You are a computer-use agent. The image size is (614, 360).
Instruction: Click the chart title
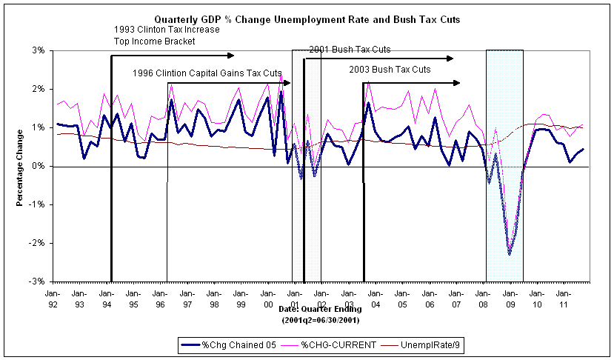(x=307, y=19)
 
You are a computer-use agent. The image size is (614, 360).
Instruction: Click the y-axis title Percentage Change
(x=19, y=167)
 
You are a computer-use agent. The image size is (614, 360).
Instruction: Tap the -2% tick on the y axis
(x=37, y=243)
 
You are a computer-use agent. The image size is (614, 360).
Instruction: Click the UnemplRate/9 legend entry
(x=424, y=344)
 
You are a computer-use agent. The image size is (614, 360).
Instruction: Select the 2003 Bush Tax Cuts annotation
(x=390, y=69)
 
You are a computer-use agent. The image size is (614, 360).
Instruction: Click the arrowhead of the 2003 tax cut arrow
(x=457, y=83)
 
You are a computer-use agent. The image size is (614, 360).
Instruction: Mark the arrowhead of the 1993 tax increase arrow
(x=231, y=55)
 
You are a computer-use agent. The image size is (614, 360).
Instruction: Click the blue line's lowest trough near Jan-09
(x=509, y=254)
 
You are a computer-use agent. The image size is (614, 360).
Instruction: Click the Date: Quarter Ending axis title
(x=320, y=309)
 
